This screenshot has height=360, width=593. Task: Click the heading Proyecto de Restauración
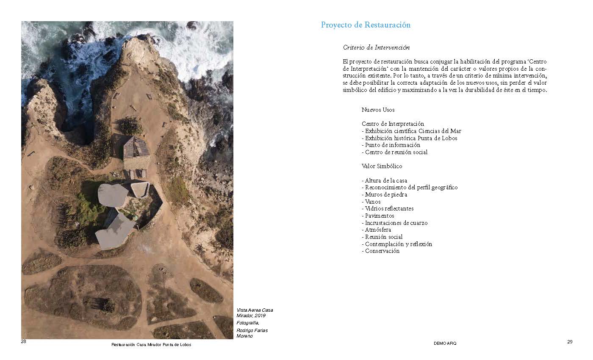[x=366, y=25]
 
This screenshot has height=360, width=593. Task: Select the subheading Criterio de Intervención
[x=376, y=47]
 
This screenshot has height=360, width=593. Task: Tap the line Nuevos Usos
[x=378, y=110]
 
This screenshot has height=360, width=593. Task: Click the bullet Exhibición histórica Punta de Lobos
[x=410, y=138]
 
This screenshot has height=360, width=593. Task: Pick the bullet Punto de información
[x=391, y=145]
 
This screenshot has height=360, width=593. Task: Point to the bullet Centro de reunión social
[x=395, y=152]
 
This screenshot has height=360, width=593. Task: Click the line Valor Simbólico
[x=382, y=166]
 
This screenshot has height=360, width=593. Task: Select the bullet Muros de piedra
[x=385, y=195]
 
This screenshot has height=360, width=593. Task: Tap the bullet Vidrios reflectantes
[x=388, y=209]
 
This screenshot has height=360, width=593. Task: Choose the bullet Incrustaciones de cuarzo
[x=395, y=223]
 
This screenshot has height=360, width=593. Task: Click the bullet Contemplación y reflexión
[x=397, y=244]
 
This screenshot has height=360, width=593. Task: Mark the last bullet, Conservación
[x=381, y=251]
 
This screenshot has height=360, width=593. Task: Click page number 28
[x=24, y=342]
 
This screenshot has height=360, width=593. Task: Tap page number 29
[x=570, y=342]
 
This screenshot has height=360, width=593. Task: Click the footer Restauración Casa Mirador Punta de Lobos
[x=151, y=345]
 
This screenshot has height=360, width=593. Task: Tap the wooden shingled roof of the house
[x=136, y=147]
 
